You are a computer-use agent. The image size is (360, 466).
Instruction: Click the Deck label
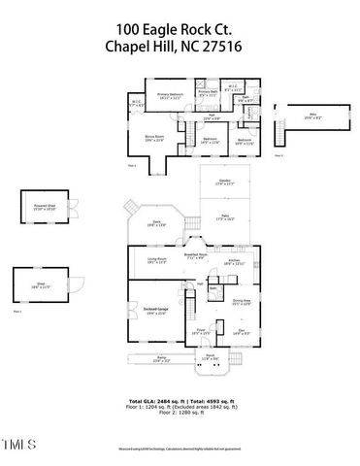tap(154, 223)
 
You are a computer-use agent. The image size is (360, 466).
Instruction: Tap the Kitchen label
tap(234, 262)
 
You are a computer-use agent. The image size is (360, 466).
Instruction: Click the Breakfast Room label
tap(198, 256)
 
